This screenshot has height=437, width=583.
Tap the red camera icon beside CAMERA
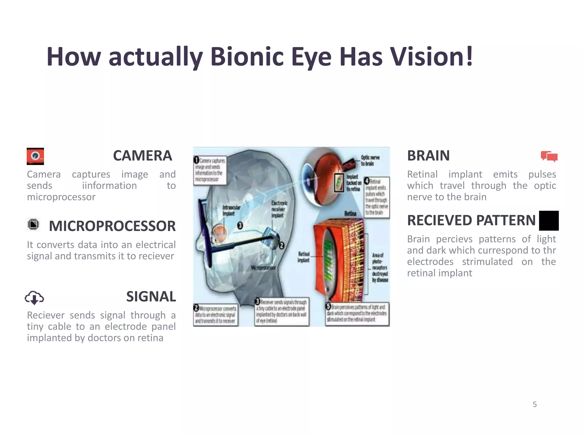point(35,156)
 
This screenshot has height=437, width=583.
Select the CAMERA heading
point(142,156)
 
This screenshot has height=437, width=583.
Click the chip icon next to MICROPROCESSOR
point(34,224)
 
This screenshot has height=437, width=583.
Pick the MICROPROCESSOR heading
point(112,226)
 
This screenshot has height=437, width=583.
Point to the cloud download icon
point(34,298)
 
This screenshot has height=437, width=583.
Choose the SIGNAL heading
point(151,296)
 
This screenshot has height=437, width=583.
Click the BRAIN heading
point(428,156)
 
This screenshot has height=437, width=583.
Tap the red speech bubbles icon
point(549,156)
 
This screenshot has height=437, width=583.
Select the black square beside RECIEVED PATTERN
point(549,220)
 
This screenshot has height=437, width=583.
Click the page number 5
point(535,404)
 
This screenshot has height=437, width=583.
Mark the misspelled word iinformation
point(109,185)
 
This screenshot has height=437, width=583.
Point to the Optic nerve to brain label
point(370,160)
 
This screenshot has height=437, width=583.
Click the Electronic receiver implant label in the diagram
point(279,209)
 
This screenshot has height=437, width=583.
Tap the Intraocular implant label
point(231,210)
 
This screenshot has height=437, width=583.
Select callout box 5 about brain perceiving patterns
point(357,314)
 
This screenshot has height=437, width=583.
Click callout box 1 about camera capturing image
point(210,170)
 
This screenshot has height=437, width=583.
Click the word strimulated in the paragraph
point(487,261)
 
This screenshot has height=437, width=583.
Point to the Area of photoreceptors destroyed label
point(380,267)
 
